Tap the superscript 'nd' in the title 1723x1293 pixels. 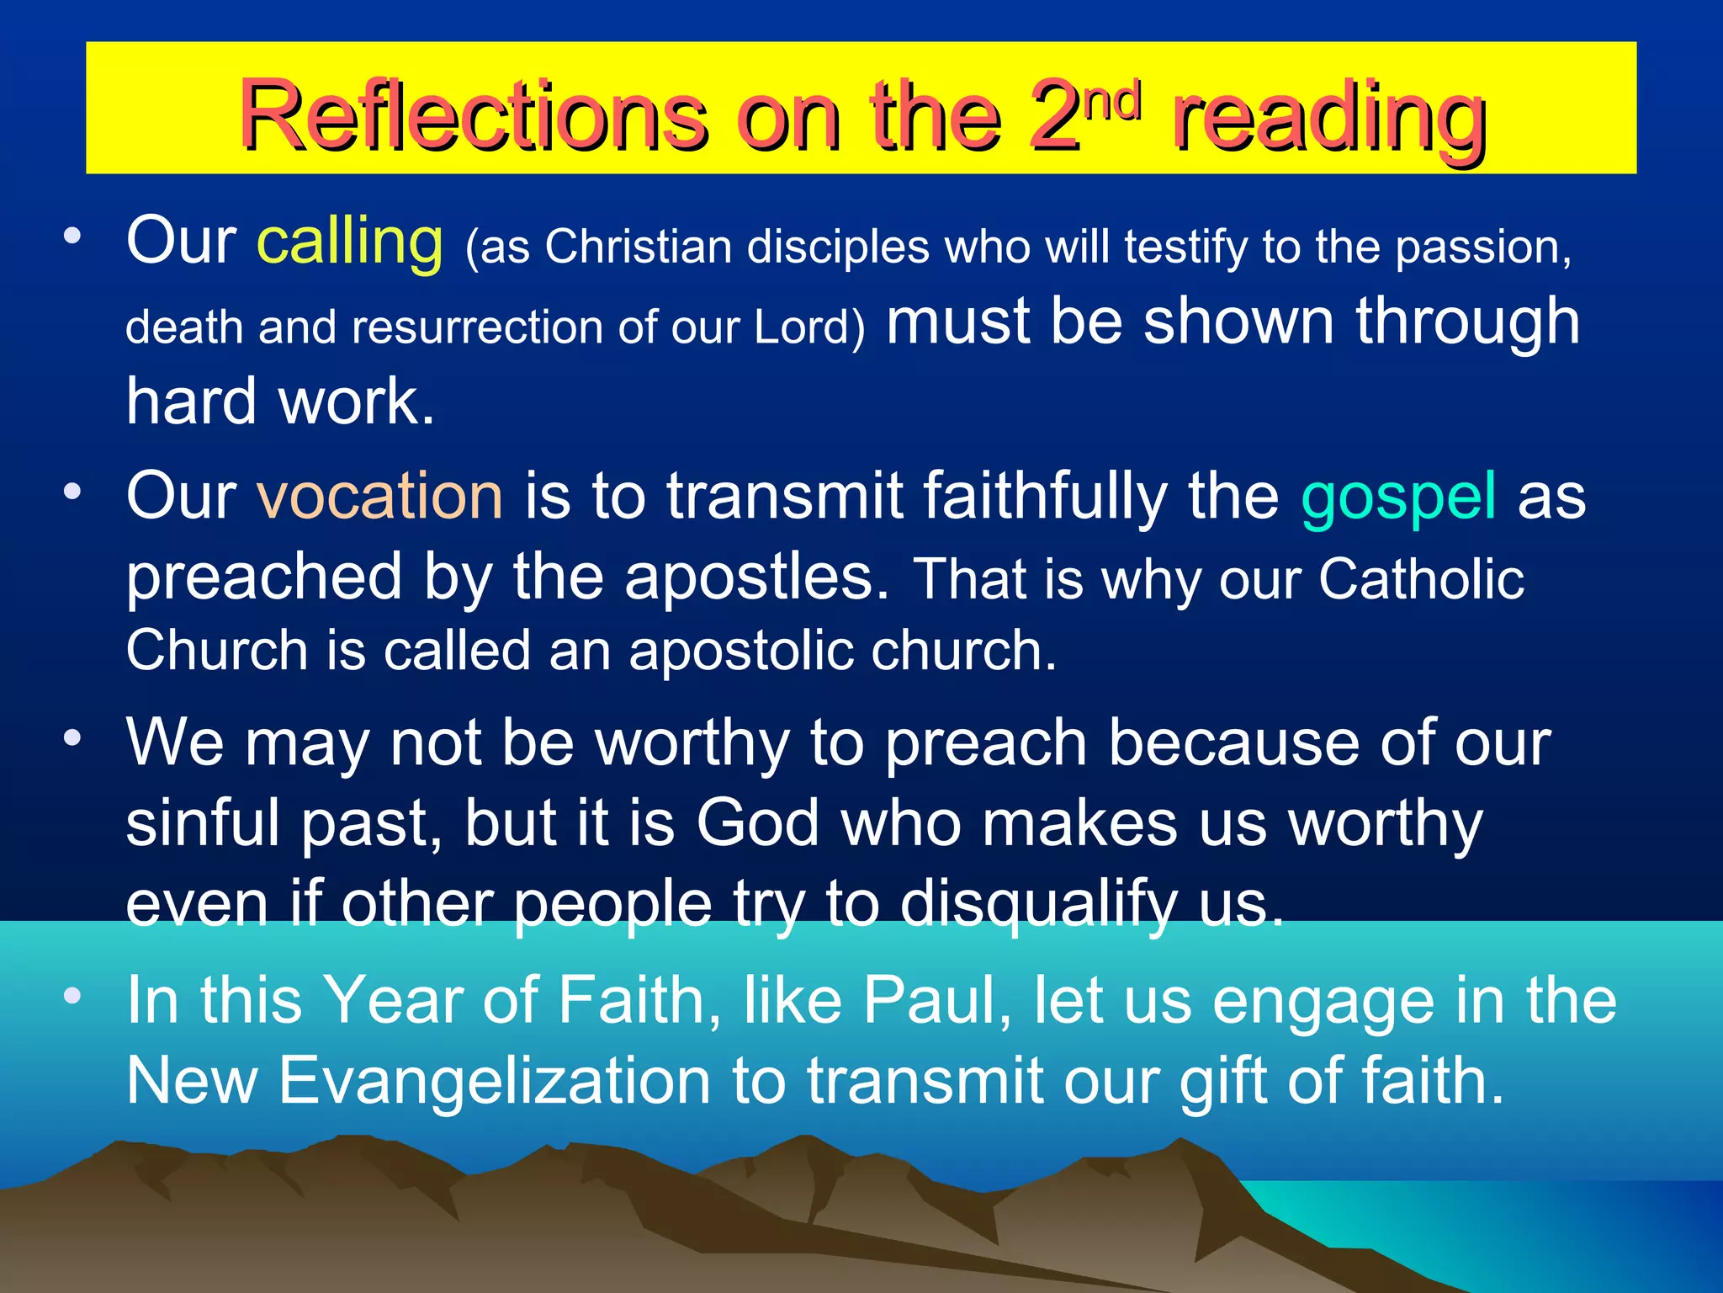pyautogui.click(x=1112, y=100)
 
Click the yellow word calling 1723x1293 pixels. pyautogui.click(x=350, y=242)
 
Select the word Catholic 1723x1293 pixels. pyautogui.click(x=1421, y=579)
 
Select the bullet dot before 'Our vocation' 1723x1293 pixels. pyautogui.click(x=73, y=490)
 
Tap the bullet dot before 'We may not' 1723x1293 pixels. pyautogui.click(x=73, y=738)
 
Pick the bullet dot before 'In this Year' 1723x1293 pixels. pyautogui.click(x=73, y=996)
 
